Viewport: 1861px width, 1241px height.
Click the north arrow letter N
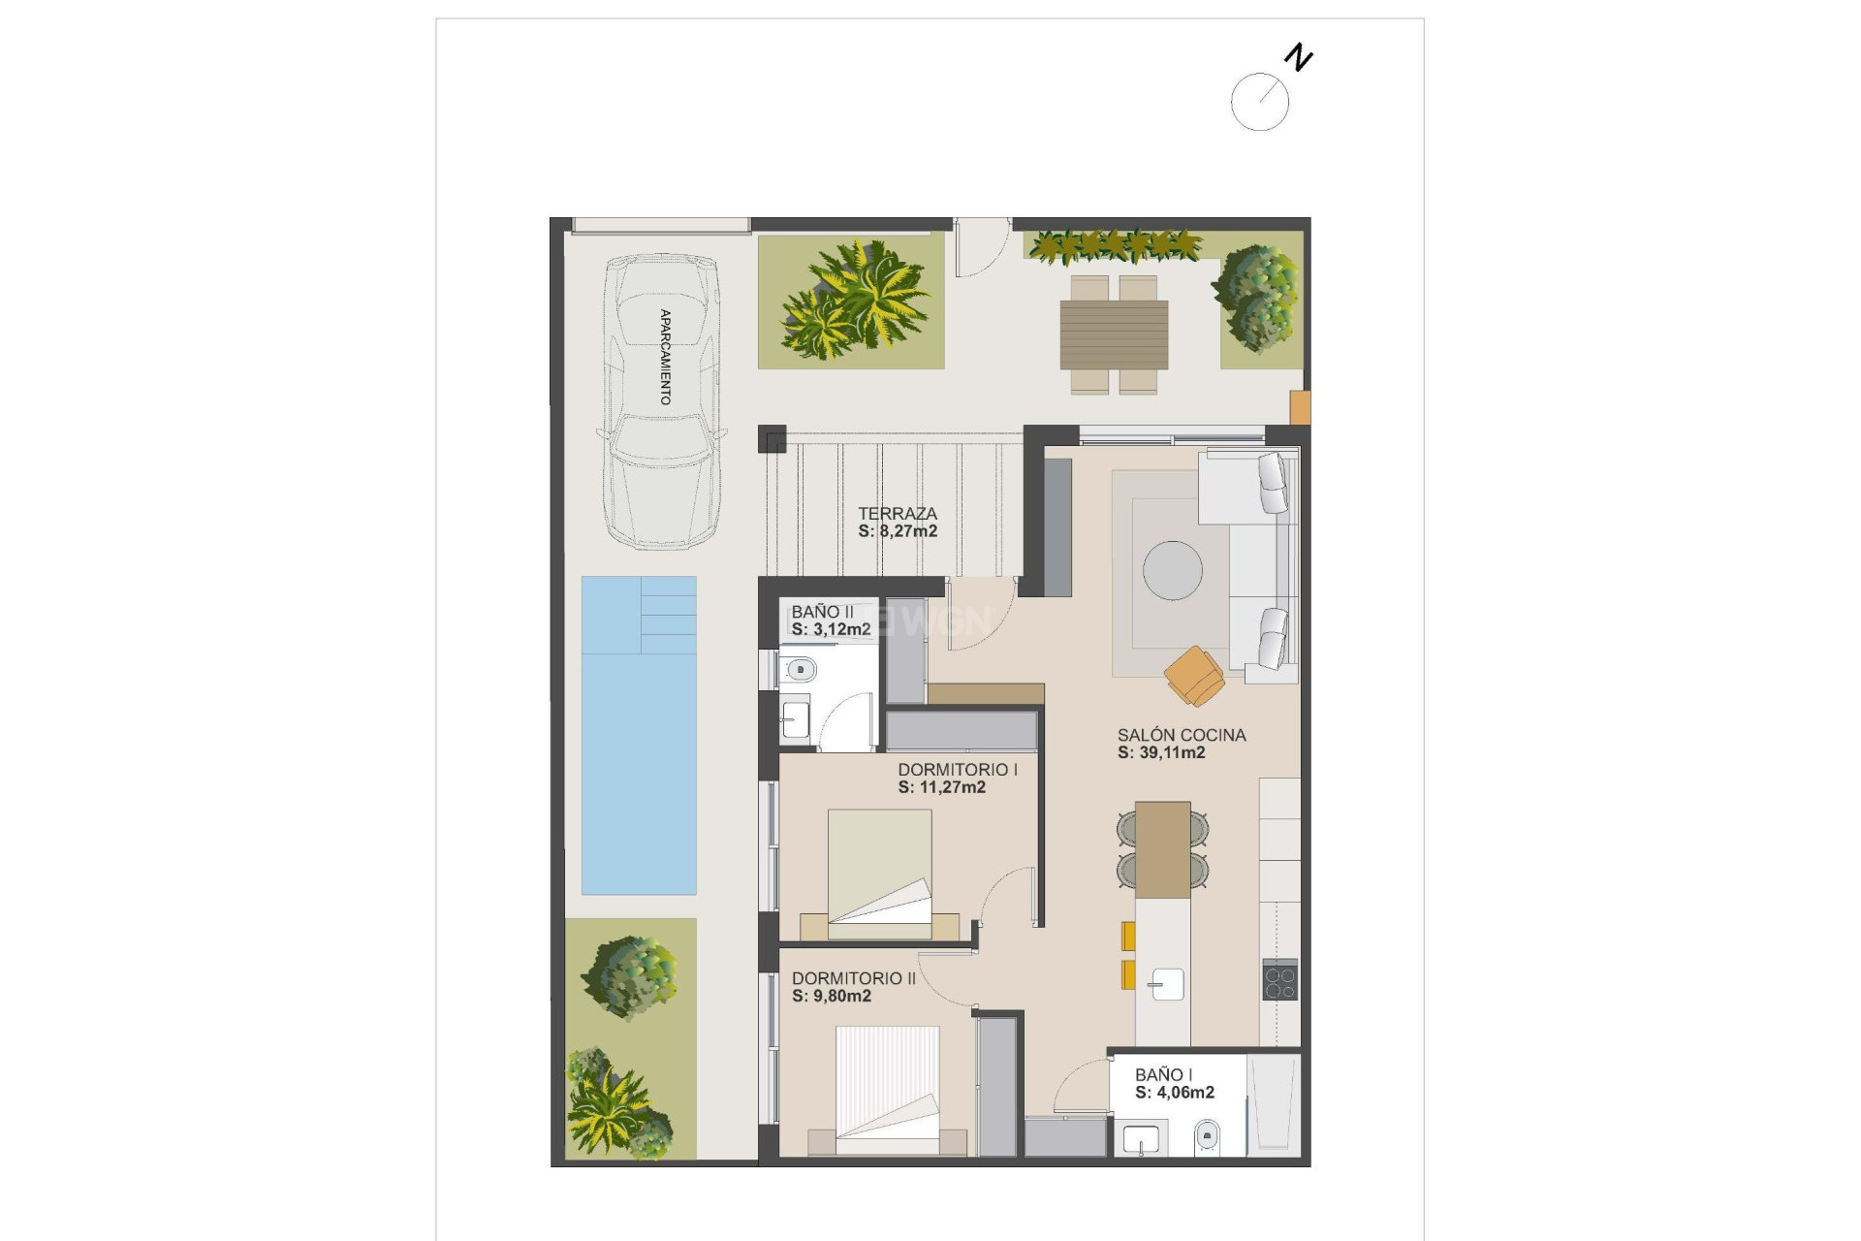1298,58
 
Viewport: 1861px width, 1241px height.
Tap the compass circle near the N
1259,102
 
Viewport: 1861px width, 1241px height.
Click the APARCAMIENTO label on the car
665,356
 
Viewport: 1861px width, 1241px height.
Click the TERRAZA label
897,513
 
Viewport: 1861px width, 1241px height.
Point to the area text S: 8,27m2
897,531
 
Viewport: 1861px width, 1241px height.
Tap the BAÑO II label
822,612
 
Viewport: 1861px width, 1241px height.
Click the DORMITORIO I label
957,769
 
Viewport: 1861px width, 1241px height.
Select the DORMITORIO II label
853,978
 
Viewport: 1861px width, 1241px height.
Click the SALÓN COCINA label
1181,735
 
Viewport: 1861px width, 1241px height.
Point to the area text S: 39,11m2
1160,752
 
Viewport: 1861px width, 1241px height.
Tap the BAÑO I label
1163,1074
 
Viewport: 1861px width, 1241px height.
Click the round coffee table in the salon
1172,570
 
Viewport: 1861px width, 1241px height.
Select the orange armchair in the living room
1195,675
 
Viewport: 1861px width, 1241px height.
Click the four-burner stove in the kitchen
1279,979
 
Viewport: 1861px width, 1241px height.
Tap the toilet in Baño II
800,669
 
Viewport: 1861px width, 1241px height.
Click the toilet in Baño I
1207,1133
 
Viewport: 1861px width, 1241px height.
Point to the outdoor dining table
1114,334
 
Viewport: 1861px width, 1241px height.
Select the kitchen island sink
1166,984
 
